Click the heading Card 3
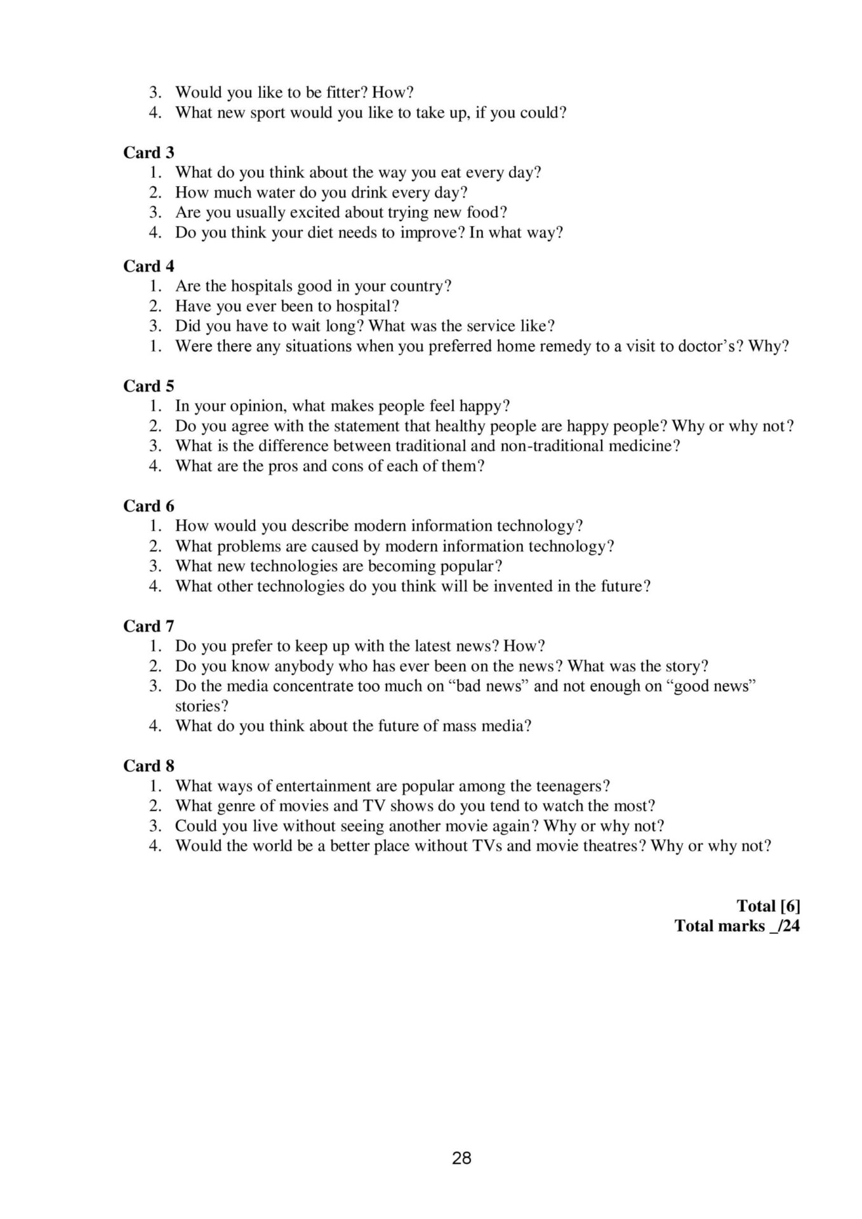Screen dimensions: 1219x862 [x=149, y=152]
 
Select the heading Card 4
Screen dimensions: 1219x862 [x=149, y=266]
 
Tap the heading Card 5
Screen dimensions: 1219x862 [x=149, y=386]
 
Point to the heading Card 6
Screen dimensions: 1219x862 [x=149, y=506]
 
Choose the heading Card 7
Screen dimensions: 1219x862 [x=149, y=626]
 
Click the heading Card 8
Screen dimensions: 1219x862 [x=149, y=766]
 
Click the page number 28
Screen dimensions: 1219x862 [x=461, y=1158]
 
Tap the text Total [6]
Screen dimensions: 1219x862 [x=768, y=905]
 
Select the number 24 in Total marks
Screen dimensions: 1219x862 [x=791, y=926]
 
